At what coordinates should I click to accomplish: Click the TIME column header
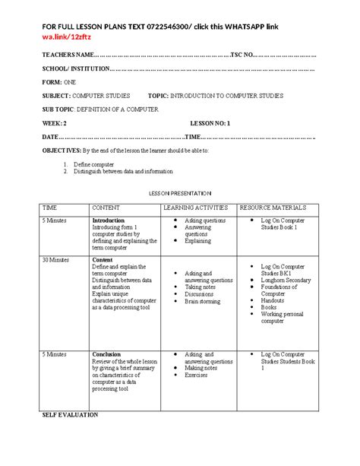(50, 207)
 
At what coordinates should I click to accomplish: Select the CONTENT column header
(109, 207)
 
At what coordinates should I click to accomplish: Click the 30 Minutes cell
(56, 259)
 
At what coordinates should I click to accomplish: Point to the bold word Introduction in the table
(108, 220)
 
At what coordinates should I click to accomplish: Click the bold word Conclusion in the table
(106, 354)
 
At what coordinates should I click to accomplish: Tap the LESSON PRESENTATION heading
(179, 193)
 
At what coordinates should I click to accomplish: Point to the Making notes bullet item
(202, 368)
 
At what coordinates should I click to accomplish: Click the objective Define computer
(94, 164)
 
